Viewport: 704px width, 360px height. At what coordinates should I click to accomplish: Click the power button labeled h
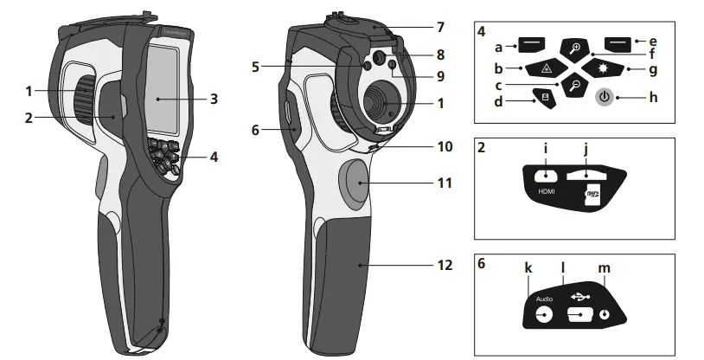606,97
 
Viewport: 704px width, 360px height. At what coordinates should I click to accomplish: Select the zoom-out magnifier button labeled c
573,86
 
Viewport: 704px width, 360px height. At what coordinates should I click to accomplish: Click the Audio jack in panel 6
544,315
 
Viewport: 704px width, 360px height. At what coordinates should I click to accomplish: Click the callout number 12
445,266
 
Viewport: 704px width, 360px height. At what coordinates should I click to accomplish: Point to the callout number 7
440,27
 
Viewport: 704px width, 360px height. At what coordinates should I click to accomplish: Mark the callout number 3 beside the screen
213,99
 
